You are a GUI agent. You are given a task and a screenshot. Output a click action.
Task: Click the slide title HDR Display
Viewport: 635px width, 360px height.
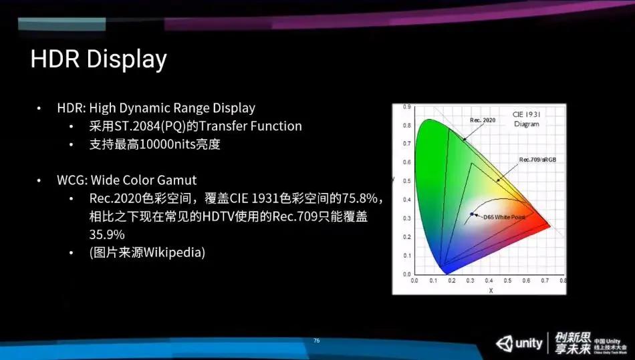point(98,60)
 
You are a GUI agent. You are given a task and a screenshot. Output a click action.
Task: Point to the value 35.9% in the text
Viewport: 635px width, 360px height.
point(107,235)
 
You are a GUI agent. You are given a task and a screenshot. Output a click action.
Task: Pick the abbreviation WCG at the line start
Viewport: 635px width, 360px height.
point(71,180)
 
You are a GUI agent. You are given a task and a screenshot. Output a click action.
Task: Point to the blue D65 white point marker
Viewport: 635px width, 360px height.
point(472,214)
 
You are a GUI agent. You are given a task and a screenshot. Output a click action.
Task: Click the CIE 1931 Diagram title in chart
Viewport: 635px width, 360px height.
point(526,119)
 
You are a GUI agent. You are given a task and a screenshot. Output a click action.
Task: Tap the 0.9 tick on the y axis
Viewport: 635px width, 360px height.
point(406,108)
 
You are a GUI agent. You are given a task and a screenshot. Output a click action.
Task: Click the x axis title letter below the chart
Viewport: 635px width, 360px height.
point(490,290)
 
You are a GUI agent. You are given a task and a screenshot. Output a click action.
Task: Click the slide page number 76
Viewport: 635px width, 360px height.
point(317,341)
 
